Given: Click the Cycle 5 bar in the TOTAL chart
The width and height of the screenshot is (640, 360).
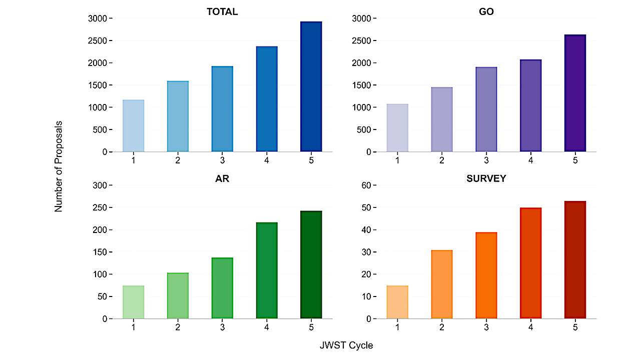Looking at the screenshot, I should coord(311,86).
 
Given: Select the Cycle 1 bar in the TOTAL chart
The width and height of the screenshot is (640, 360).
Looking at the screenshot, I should coord(133,126).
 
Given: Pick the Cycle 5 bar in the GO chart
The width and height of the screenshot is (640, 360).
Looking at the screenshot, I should coord(575,93).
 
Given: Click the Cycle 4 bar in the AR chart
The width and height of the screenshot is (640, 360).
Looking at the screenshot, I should coord(267,270).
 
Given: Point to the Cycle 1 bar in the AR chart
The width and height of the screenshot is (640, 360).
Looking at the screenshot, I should coord(133,302).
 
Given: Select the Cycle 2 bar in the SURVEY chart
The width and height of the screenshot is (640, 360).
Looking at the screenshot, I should coord(442,284).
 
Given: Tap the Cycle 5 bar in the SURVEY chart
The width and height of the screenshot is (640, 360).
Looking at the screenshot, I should coord(575,260).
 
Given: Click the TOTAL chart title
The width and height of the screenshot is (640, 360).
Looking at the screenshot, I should coord(222,12).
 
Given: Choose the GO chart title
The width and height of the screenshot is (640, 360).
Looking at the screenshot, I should coord(486,12).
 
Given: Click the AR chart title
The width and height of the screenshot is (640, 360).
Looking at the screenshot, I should coord(222,179).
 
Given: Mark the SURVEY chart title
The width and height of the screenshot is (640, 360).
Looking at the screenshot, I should coord(486,179).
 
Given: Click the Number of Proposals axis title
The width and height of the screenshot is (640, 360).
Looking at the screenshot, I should coord(59,166).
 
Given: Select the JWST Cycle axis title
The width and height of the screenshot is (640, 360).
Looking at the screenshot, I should coord(346,345).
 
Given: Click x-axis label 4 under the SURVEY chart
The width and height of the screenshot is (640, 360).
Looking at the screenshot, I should coord(530,327).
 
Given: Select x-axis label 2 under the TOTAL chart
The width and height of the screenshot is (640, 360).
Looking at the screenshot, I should coord(178,160).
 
